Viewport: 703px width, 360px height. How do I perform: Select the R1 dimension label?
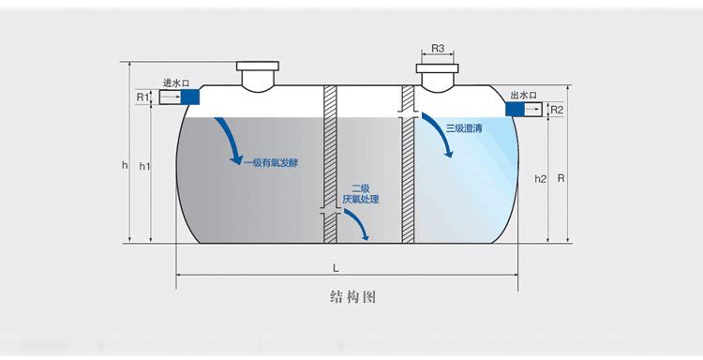point(142,97)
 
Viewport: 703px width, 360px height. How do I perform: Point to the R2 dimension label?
point(556,110)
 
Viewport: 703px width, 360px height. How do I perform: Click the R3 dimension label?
point(439,48)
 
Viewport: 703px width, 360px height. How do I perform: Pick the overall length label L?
point(336,267)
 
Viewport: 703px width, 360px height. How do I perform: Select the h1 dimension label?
point(144,166)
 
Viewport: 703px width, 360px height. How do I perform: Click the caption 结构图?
point(353,297)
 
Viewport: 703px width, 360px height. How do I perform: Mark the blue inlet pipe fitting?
point(188,97)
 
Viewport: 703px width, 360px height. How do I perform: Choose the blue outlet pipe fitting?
point(516,110)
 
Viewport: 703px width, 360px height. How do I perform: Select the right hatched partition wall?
point(408,164)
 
